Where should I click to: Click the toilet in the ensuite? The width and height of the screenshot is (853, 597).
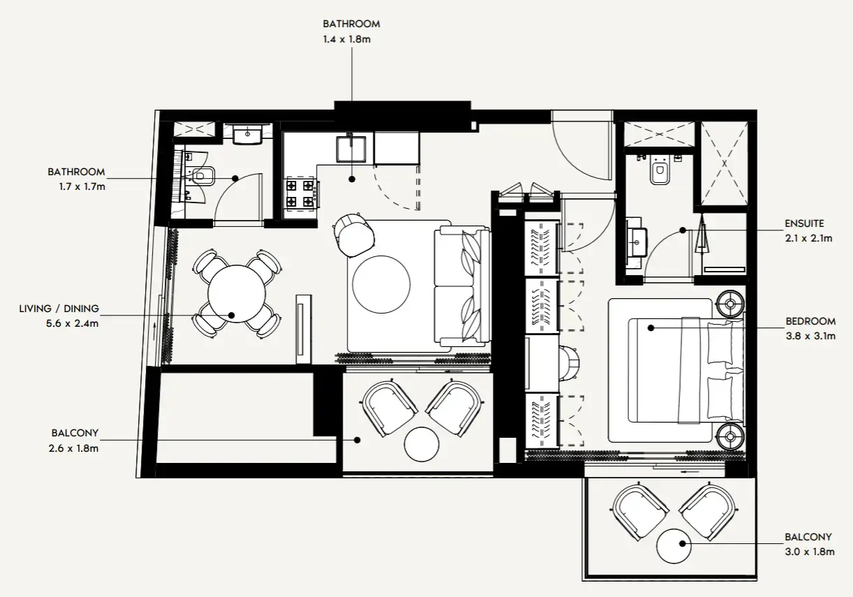point(660,172)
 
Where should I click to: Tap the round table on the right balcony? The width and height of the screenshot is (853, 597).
point(674,547)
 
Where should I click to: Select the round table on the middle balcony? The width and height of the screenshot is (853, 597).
point(422,444)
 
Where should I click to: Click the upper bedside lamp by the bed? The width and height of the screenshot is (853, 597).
point(730,304)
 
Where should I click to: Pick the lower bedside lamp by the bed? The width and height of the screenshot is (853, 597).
point(730,436)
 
